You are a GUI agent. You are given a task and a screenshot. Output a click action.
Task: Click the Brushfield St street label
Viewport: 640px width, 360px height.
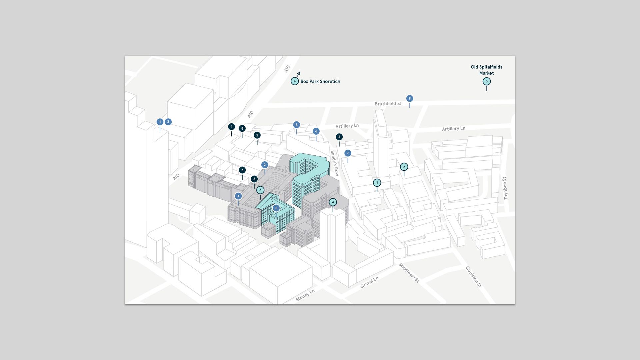pos(388,104)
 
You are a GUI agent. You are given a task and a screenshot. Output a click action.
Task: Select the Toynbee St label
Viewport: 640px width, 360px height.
pos(505,188)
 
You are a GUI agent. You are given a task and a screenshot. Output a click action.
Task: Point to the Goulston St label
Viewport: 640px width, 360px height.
pos(473,276)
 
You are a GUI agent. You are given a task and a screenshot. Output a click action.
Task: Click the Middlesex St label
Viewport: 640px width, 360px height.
pos(409,273)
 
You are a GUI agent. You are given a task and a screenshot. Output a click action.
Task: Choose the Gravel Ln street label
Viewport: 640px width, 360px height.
pos(369,282)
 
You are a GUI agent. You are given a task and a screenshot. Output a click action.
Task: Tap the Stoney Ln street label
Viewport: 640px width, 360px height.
pos(305,295)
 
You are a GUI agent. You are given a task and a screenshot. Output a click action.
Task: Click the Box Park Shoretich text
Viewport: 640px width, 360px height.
pos(320,81)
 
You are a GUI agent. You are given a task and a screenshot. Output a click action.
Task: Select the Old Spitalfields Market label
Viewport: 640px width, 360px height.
pos(486,70)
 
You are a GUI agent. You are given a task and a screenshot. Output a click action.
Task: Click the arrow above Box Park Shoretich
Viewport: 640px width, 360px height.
pos(298,74)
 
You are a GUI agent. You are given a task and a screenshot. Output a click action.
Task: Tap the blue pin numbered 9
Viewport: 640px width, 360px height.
pos(410,99)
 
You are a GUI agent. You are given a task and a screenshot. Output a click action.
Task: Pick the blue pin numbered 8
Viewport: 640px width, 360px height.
pos(296,125)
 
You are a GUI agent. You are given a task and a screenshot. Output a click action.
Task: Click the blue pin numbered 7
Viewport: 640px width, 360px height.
pos(348,153)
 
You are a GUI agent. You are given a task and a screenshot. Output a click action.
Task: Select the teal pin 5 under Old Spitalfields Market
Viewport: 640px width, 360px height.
pos(487,81)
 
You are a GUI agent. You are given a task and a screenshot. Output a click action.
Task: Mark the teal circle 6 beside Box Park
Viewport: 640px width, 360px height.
pos(295,81)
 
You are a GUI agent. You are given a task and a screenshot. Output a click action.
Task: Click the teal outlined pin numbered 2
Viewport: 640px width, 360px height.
pos(404,167)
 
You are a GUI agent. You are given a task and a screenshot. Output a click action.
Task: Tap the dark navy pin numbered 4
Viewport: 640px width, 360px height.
pos(339,137)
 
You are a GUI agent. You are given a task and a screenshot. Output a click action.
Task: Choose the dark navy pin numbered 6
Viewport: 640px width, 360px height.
pos(254,179)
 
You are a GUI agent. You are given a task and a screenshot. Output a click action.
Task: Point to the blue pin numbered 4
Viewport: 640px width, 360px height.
pos(238,196)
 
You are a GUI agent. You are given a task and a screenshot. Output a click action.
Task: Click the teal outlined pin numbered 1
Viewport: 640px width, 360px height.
pos(377,183)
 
